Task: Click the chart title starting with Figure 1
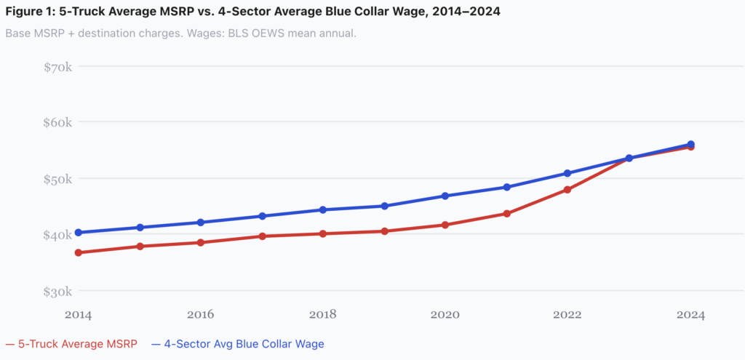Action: [252, 12]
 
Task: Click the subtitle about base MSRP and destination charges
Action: [180, 34]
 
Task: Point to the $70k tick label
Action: [57, 67]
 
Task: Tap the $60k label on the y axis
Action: [57, 122]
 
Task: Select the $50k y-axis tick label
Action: [57, 179]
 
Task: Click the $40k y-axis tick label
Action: [57, 235]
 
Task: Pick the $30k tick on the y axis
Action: [57, 292]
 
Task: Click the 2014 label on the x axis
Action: [78, 314]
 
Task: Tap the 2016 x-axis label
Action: [200, 314]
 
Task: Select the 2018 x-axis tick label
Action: [322, 314]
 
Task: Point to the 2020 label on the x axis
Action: [445, 314]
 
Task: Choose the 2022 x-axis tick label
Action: [567, 314]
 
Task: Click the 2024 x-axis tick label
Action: [690, 314]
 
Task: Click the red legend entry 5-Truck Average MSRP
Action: [73, 343]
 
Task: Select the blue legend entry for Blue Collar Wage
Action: [238, 343]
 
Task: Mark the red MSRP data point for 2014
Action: [78, 252]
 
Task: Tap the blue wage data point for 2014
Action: [78, 233]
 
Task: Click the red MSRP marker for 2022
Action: [567, 190]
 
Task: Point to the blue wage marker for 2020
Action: [445, 196]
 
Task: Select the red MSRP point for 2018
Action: [322, 233]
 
